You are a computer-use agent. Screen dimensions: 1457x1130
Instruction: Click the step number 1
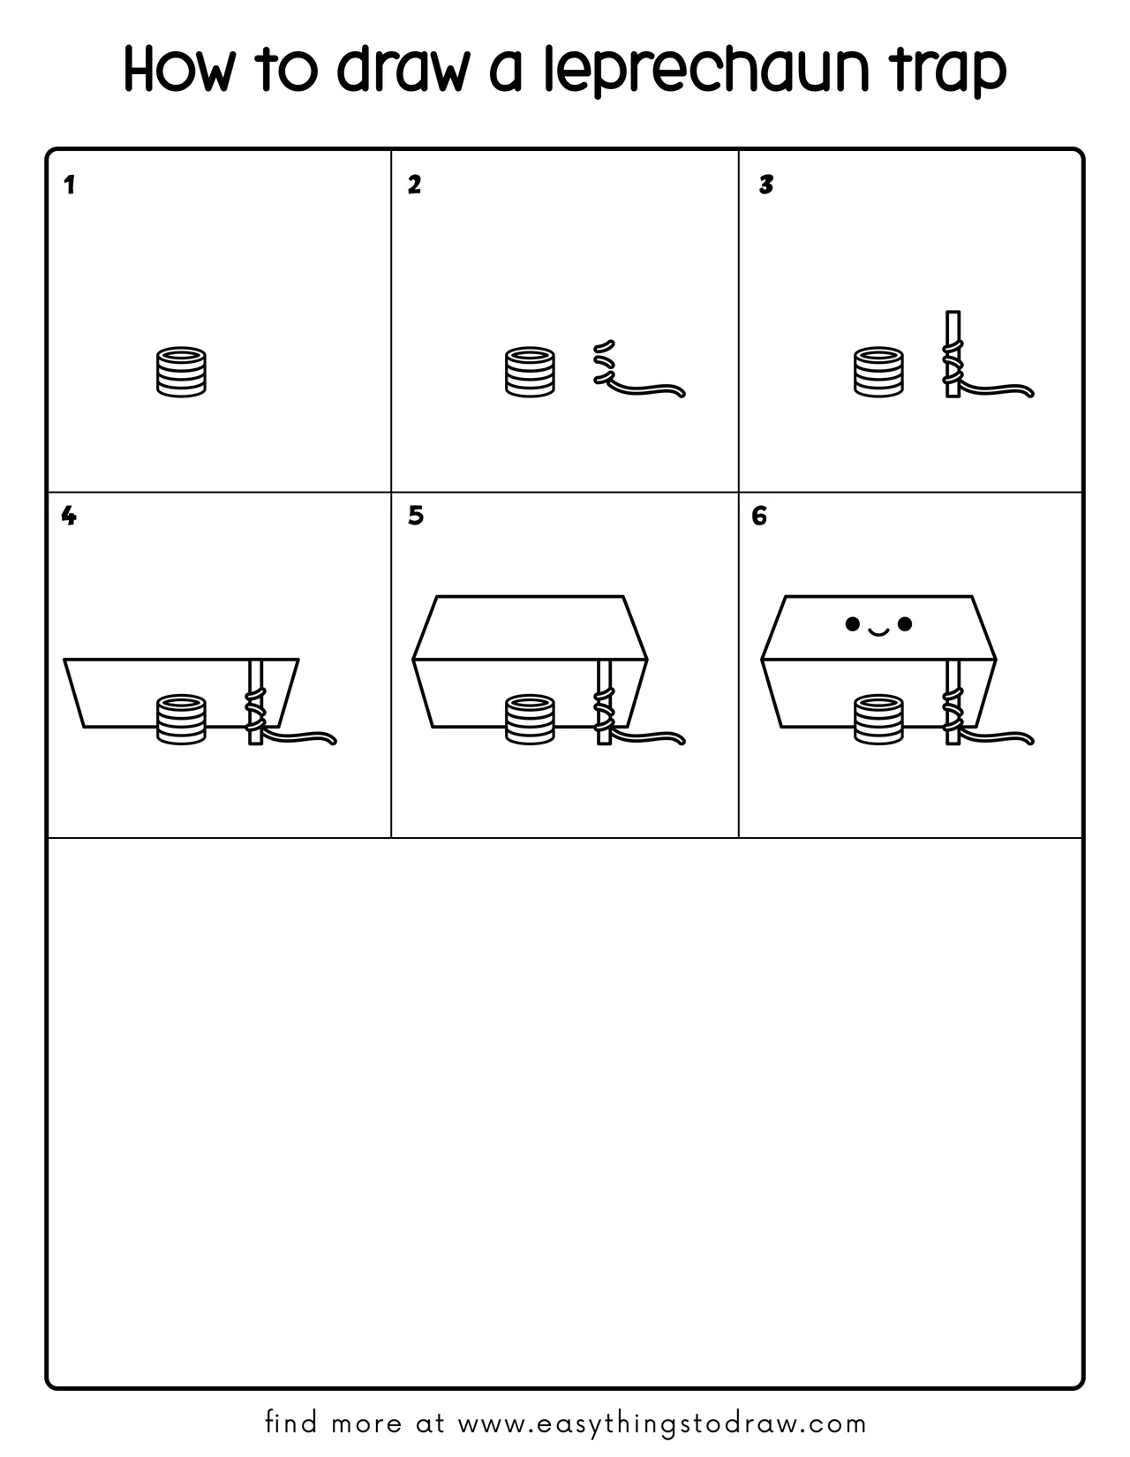[70, 185]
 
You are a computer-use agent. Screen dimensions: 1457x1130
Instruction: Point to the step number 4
[69, 516]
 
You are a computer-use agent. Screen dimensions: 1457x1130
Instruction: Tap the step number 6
[759, 516]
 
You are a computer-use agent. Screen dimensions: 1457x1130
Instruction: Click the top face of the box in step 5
[530, 627]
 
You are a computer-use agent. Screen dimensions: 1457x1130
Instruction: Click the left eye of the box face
[852, 624]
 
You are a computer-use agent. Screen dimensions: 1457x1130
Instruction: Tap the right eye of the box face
[904, 624]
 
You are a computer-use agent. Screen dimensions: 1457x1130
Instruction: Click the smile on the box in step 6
[878, 630]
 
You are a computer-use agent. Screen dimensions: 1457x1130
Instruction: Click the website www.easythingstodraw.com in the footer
[662, 1423]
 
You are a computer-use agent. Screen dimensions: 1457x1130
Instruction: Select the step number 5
[416, 516]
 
